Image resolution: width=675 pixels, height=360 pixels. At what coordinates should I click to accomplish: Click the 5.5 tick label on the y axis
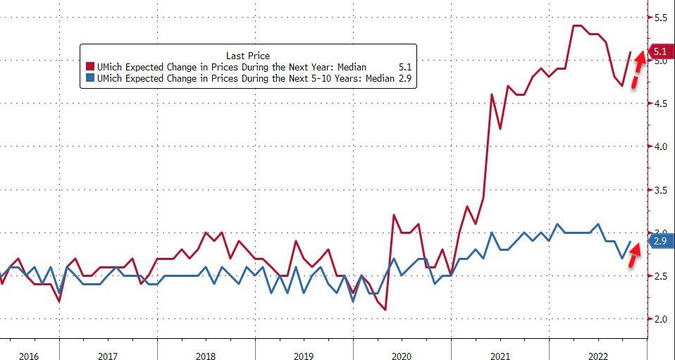point(660,18)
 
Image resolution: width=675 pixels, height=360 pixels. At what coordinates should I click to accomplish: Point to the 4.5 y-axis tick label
point(660,104)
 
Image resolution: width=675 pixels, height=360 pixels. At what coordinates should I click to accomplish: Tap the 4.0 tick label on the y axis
point(660,147)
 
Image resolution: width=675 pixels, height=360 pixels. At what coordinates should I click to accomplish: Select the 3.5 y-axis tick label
point(660,190)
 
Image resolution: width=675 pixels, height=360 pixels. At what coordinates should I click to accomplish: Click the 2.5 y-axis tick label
point(660,276)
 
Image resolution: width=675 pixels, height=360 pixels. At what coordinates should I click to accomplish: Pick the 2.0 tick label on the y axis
point(660,319)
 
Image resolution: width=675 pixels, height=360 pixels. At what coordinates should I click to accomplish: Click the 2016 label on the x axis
point(29,355)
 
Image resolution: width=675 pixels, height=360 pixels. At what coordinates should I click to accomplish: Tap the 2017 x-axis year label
point(108,355)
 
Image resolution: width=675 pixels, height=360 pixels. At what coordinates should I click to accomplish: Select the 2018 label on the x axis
point(206,355)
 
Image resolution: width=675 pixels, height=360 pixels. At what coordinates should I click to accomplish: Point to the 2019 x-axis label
point(304,355)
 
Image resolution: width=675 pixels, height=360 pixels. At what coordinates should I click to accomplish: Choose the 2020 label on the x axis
point(402,355)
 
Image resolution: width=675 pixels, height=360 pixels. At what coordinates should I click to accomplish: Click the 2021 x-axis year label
point(500,355)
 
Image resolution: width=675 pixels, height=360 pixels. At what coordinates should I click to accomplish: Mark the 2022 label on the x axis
point(597,355)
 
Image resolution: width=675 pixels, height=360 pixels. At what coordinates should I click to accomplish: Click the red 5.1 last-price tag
point(660,51)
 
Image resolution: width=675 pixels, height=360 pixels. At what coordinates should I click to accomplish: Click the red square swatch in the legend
point(89,68)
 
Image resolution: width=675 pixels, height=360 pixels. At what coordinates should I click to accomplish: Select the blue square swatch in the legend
point(89,79)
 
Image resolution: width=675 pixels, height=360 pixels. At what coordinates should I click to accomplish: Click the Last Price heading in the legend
point(247,55)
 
